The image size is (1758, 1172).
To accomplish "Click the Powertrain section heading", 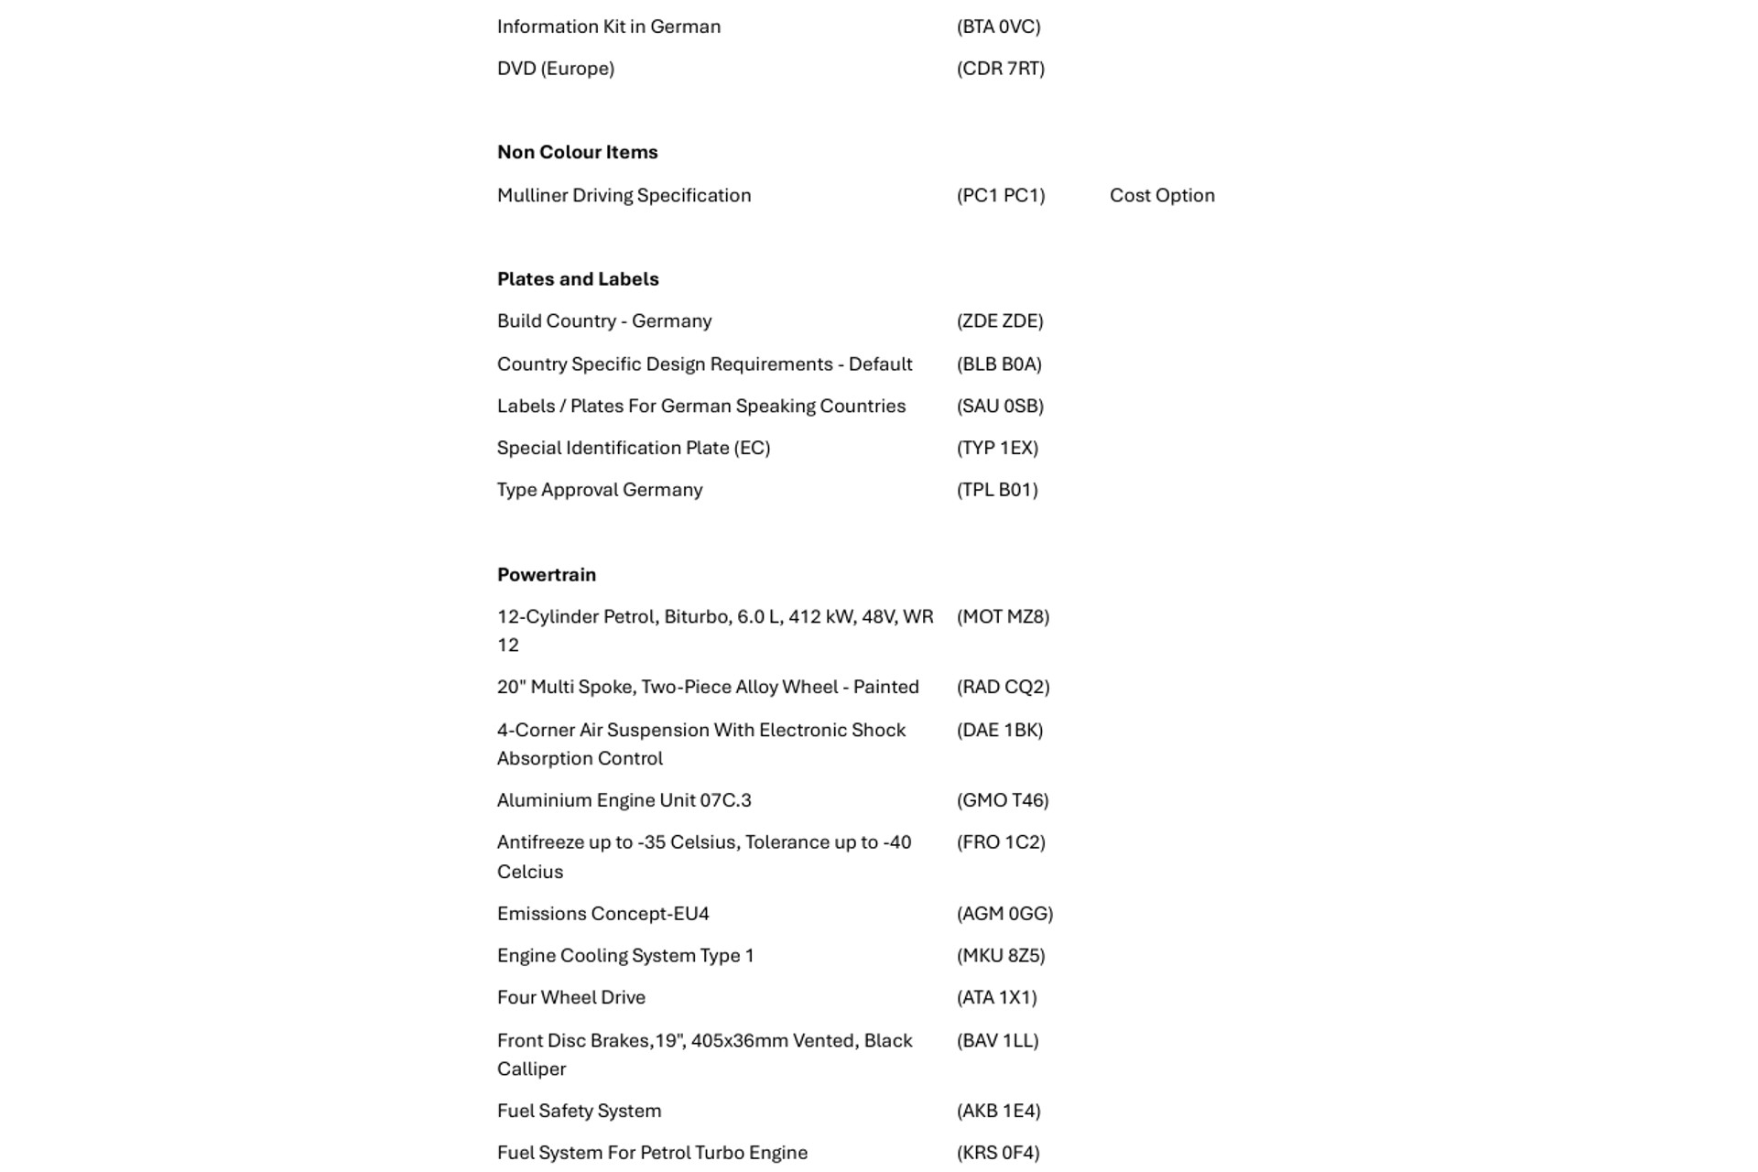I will coord(546,575).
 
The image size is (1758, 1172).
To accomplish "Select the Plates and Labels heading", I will coord(578,279).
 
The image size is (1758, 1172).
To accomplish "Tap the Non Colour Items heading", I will coord(577,152).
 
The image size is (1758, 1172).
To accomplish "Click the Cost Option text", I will coord(1162,195).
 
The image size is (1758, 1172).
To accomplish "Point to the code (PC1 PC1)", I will coord(1000,195).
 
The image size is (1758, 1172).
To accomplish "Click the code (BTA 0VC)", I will coord(998,27).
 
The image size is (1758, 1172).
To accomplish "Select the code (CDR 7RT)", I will coord(1000,69).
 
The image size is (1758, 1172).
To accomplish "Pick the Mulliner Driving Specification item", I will coord(624,195).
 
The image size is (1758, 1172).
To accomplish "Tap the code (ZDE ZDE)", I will coord(1000,321).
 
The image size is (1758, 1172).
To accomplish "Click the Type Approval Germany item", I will coord(600,490).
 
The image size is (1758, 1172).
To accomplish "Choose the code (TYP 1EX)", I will coord(997,448).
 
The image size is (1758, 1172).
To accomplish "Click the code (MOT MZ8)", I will coord(1003,617).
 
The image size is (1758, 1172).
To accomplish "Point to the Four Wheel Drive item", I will coord(570,997).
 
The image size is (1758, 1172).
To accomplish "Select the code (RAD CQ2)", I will coord(1003,687).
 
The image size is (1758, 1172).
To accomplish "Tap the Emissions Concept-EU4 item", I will coord(602,914).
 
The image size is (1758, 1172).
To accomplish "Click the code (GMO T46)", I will coord(1003,800).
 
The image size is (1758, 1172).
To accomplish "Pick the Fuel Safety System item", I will coord(579,1111).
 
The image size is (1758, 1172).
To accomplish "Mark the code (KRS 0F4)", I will coord(998,1153).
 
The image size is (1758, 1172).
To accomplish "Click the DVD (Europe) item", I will coord(555,69).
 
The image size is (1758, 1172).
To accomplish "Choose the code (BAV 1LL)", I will coord(997,1040).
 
